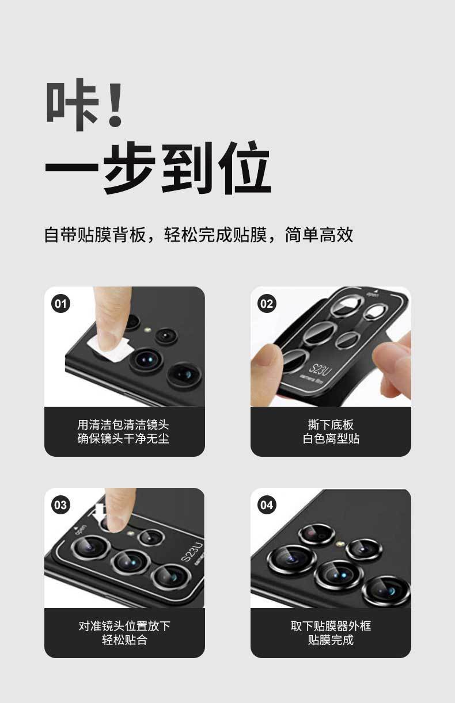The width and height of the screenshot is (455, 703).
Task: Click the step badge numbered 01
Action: point(60,304)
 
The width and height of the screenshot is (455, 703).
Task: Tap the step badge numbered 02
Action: point(267,304)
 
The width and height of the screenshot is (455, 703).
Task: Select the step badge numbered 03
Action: point(60,505)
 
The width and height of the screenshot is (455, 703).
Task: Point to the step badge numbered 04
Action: point(267,505)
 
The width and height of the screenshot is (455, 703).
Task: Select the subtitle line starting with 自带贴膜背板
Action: point(199,235)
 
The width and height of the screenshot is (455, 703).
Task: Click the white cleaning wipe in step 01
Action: point(109,345)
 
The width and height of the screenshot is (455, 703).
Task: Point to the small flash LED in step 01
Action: point(147,330)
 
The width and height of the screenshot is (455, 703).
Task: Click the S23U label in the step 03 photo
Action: point(192,552)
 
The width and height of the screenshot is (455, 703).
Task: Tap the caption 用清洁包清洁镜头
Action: point(123,425)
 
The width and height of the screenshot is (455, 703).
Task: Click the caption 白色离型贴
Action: point(331,438)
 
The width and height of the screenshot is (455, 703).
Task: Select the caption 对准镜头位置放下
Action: point(124,626)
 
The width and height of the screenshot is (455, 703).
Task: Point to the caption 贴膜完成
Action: point(331,640)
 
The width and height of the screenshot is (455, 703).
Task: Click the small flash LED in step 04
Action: point(340,543)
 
